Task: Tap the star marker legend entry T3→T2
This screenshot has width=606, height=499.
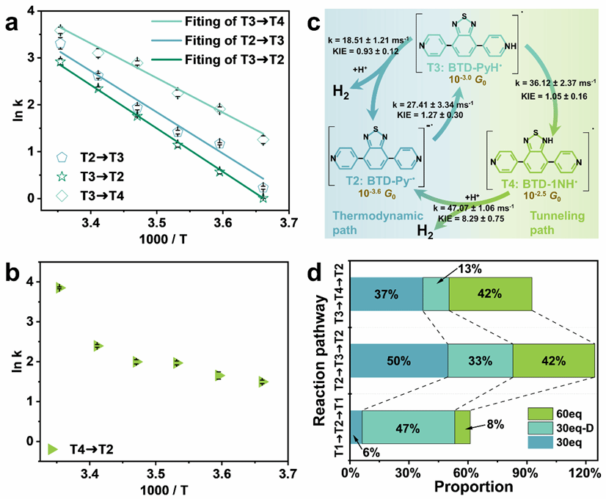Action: click(x=62, y=176)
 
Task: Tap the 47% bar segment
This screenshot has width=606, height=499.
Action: click(x=408, y=427)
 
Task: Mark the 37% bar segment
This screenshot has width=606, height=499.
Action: click(x=386, y=294)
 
